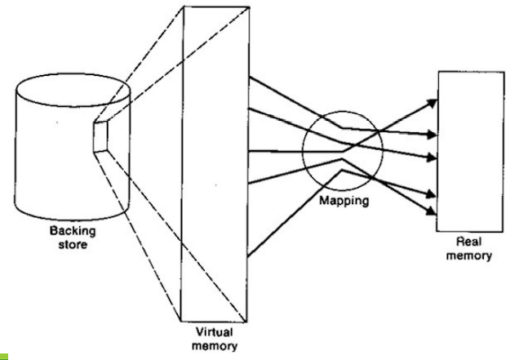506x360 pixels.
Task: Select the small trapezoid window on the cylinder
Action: coord(102,136)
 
